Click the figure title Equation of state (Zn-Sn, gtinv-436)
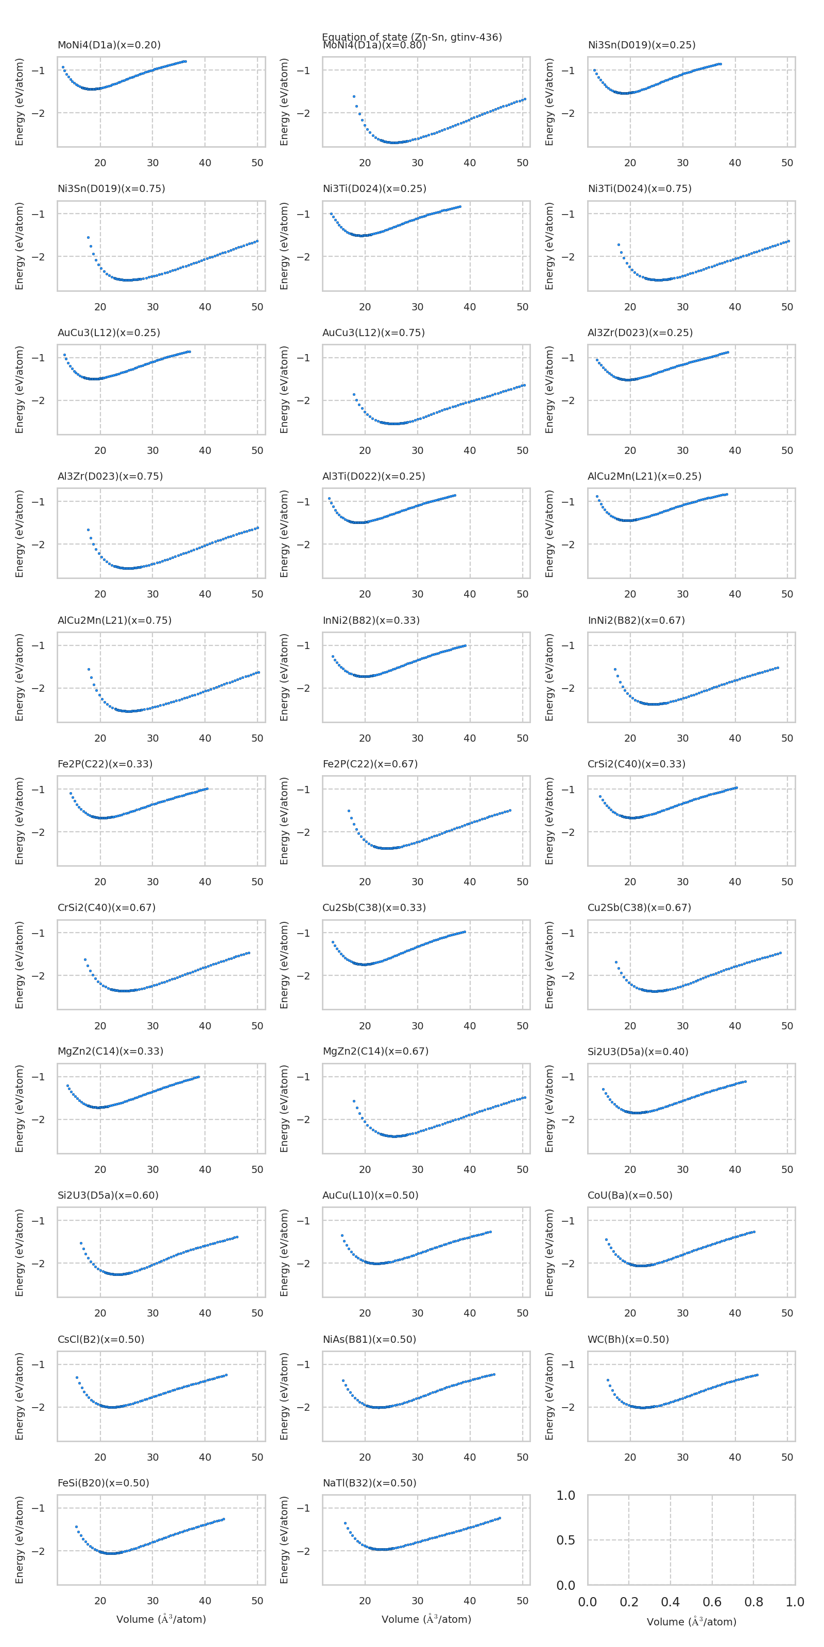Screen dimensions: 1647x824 coord(411,37)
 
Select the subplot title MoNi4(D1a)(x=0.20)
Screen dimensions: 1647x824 coord(109,45)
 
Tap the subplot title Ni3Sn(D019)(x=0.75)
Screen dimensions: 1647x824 coord(111,188)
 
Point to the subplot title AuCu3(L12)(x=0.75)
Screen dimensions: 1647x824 coord(373,332)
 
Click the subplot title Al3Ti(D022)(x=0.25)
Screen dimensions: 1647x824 coord(373,476)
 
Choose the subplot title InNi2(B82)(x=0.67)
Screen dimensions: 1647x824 coord(636,620)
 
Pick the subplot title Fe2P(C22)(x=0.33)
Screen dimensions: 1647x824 coord(105,764)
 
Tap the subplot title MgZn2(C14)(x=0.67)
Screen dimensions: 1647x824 coord(375,1051)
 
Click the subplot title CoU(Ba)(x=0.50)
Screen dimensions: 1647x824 coord(630,1195)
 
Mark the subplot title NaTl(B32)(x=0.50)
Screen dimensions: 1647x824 coord(369,1483)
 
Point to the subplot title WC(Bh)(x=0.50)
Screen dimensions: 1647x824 coord(628,1339)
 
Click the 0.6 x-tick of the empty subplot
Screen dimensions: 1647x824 coord(712,1602)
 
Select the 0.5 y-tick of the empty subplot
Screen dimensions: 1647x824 coord(565,1540)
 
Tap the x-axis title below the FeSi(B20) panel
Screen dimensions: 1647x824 coord(161,1620)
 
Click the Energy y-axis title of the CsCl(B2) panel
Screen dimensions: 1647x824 coord(19,1396)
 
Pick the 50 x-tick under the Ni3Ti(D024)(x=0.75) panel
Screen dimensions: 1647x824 coord(787,307)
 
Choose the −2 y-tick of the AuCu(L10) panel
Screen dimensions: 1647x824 coord(304,1264)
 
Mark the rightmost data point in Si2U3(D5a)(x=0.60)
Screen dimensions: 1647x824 coord(237,1237)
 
